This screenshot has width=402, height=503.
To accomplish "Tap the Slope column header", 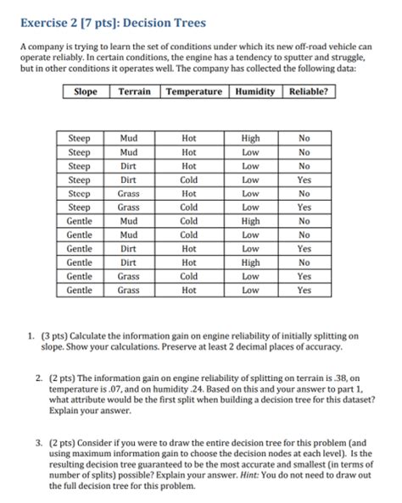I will click(86, 91).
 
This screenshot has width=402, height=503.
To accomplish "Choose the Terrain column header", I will click(135, 91).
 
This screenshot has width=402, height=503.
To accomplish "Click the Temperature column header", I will click(194, 91).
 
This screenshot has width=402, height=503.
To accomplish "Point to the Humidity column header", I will click(255, 91).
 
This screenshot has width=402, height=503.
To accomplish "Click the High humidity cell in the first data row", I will click(250, 137).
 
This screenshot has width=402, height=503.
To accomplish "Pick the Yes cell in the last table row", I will click(304, 290).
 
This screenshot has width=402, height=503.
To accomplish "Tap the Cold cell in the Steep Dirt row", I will click(189, 180).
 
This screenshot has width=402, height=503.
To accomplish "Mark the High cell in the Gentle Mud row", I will click(250, 220).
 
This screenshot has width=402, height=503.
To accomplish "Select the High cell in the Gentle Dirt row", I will click(250, 263).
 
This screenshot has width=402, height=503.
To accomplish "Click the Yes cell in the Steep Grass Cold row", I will click(304, 207).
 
